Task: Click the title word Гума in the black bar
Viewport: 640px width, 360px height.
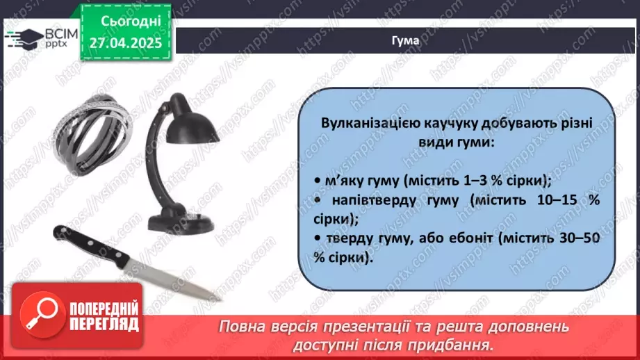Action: click(405, 41)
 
